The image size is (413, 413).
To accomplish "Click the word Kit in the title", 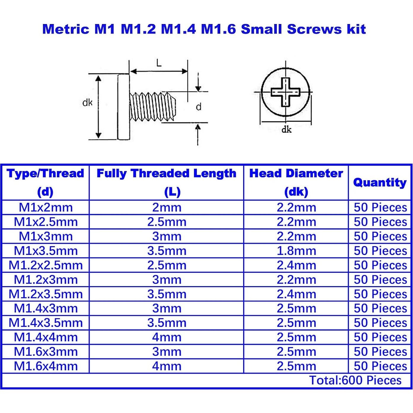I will click(x=355, y=29).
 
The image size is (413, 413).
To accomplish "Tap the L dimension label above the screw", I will click(x=159, y=63).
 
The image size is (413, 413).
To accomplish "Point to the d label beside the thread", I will click(x=199, y=107).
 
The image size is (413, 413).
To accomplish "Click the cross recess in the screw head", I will click(x=286, y=92).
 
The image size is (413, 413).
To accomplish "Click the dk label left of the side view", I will click(x=87, y=103).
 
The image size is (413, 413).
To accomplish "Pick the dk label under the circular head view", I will click(x=286, y=129).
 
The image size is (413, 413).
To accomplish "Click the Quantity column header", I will click(x=380, y=182).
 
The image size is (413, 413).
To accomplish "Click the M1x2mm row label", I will click(x=46, y=208).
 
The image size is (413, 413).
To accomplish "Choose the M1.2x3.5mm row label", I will click(x=46, y=294).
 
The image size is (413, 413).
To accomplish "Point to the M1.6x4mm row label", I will click(x=46, y=366).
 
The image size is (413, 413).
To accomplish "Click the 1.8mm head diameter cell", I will click(x=296, y=251).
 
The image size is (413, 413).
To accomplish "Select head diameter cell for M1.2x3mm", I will click(x=296, y=280).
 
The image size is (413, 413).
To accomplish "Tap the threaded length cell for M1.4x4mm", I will click(x=167, y=337).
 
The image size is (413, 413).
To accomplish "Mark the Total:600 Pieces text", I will click(x=355, y=380).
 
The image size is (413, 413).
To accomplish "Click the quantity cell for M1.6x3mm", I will click(x=380, y=352).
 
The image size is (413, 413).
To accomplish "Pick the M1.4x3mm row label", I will click(x=46, y=308).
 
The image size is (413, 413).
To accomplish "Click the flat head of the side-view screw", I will click(x=123, y=107).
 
